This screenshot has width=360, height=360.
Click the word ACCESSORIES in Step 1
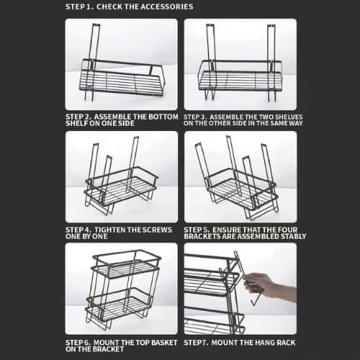click(166, 6)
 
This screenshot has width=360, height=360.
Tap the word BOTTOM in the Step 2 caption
click(163, 117)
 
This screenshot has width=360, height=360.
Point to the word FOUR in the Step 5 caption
click(287, 230)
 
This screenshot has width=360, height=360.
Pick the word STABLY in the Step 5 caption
click(294, 236)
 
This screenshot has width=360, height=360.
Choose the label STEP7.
click(196, 343)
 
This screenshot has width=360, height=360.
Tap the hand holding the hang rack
click(269, 286)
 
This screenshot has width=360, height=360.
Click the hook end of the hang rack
click(256, 301)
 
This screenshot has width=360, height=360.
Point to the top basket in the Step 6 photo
click(127, 264)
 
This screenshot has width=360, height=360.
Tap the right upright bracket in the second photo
click(271, 62)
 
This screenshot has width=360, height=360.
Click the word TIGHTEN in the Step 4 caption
click(110, 230)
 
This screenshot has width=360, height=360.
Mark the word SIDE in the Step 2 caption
click(125, 123)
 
